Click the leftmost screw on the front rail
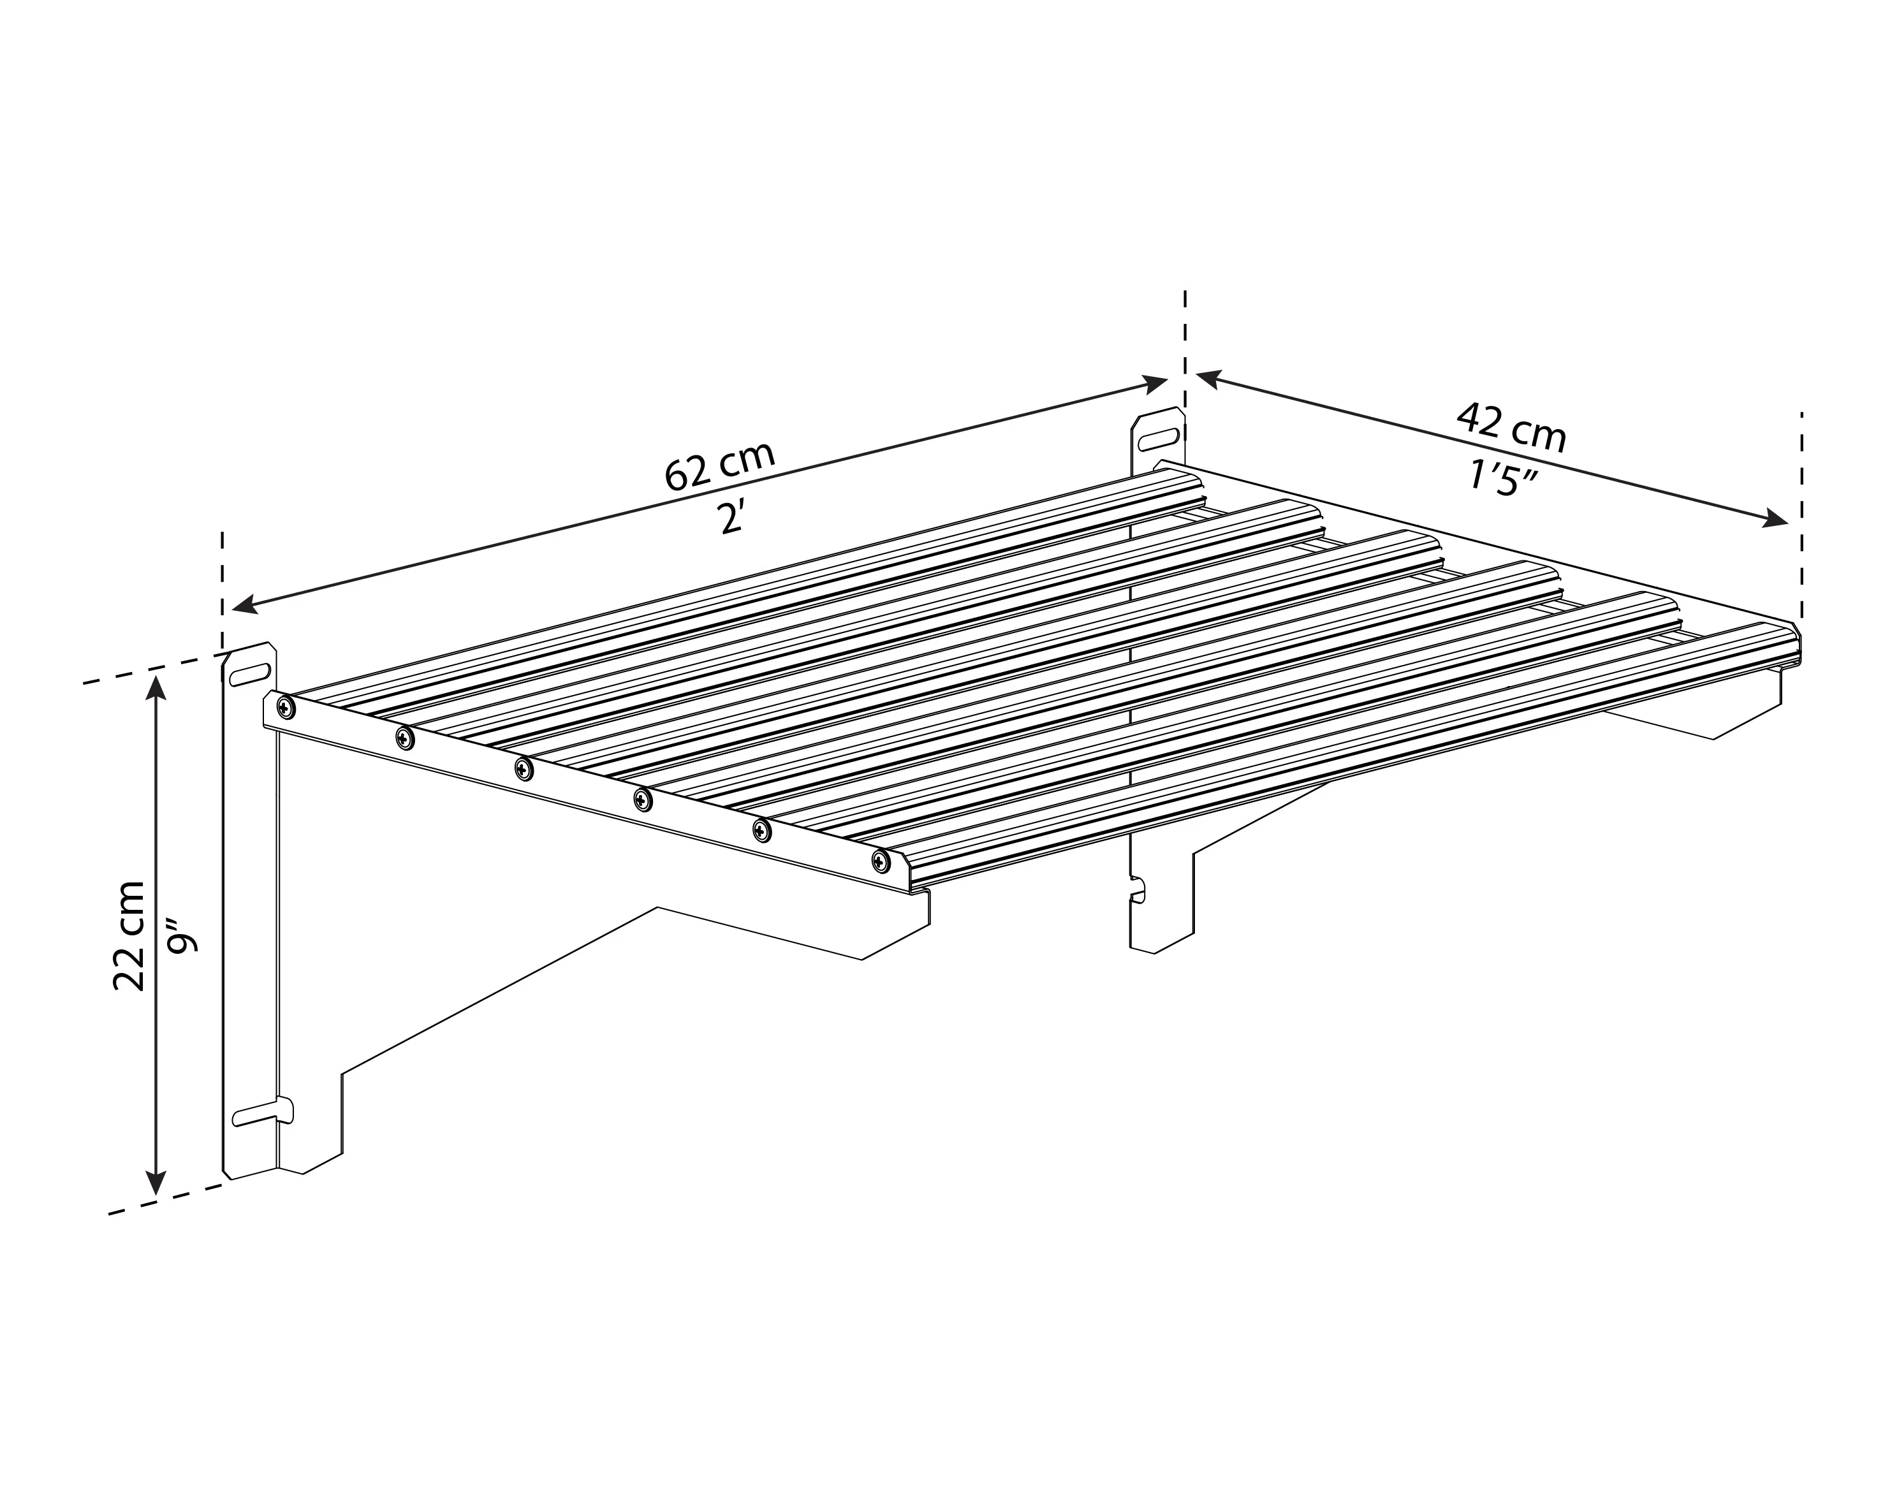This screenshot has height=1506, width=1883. (283, 707)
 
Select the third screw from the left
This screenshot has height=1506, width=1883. (523, 769)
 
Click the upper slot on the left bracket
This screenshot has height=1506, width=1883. (250, 672)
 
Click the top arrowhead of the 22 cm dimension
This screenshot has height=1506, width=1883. (156, 690)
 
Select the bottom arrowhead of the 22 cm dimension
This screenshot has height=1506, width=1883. (156, 1182)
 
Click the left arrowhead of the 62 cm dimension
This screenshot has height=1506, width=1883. (244, 604)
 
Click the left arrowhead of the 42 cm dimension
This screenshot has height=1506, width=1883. (1208, 378)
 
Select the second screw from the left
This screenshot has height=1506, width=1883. (404, 738)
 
